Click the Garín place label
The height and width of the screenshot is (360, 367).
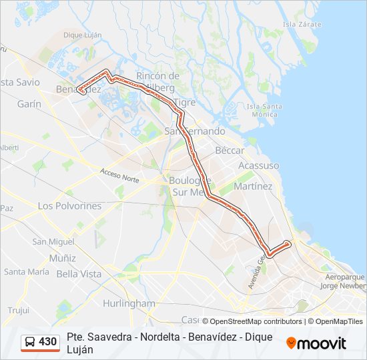tap(29, 104)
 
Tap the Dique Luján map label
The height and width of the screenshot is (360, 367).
tap(81, 35)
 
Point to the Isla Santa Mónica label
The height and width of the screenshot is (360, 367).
tap(264, 110)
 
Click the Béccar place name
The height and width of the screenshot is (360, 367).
tap(230, 151)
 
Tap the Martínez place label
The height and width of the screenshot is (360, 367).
tap(253, 187)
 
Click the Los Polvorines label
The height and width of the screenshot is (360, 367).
tap(69, 206)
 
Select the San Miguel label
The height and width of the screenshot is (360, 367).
tap(53, 241)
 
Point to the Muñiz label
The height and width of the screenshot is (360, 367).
tap(63, 257)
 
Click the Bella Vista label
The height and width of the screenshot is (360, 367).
tap(79, 274)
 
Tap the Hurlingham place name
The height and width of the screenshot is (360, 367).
tap(129, 303)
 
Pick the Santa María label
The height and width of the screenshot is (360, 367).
tap(27, 272)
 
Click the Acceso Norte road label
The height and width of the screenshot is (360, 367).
tap(120, 176)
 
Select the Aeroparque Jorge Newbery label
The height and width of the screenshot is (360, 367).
tap(343, 281)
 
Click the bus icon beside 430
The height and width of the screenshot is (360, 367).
tap(30, 342)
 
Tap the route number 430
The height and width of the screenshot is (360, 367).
tap(47, 342)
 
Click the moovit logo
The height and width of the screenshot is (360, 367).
tap(316, 343)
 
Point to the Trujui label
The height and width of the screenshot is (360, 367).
tap(19, 311)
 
